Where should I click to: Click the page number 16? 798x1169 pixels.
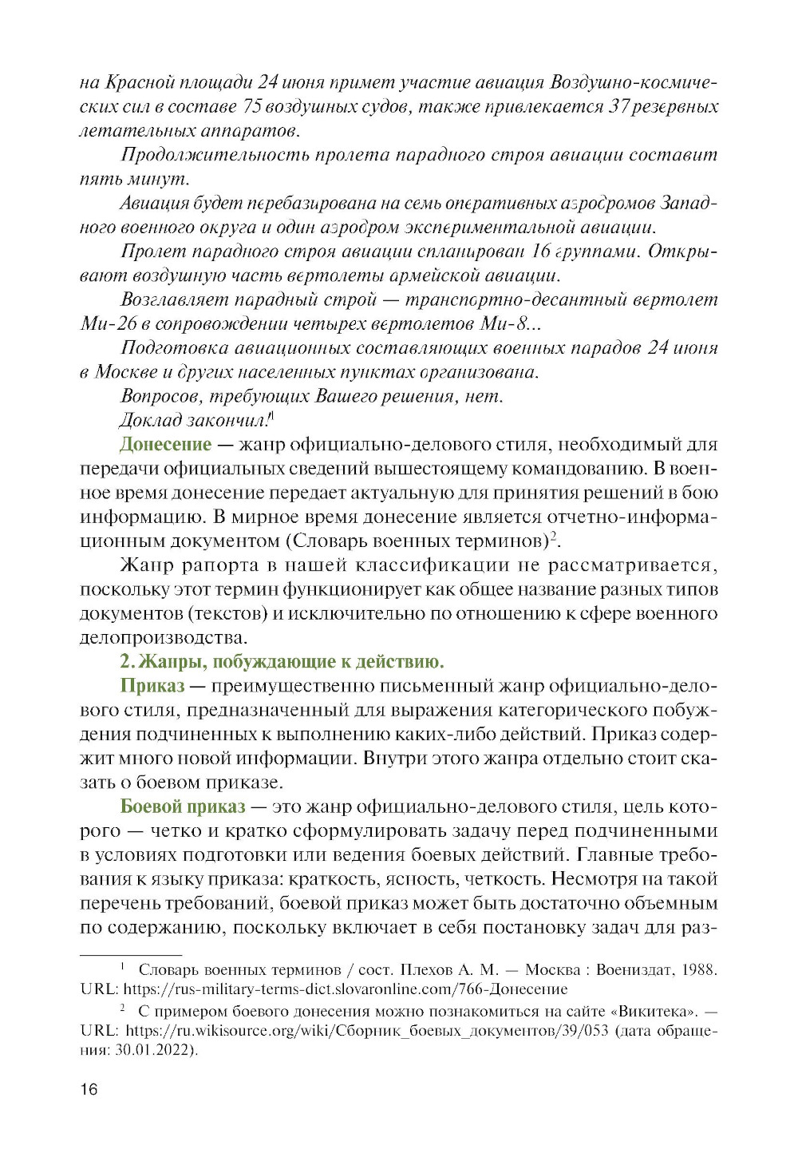pos(89,1089)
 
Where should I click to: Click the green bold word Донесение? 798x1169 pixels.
pos(165,445)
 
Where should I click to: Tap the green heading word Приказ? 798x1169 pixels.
pos(152,686)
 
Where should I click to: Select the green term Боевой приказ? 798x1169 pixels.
pos(183,806)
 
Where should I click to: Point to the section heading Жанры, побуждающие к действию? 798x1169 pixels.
pos(282,662)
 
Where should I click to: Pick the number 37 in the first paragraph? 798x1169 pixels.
pos(619,107)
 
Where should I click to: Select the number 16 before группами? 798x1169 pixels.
pos(540,252)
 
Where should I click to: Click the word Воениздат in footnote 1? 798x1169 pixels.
pos(634,970)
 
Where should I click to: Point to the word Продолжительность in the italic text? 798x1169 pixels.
pos(211,155)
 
